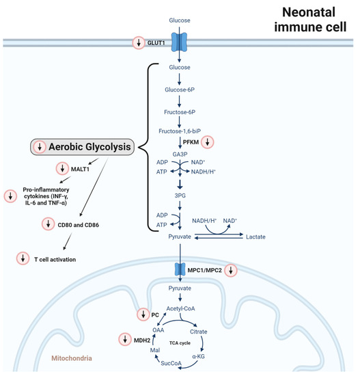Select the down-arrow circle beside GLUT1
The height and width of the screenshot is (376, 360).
pos(139,42)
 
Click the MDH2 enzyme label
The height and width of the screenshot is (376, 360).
pos(142,340)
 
